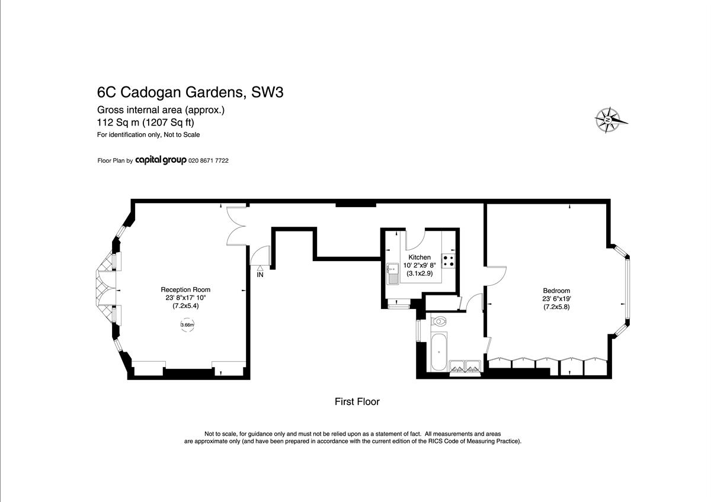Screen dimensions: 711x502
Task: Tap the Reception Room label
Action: (185, 289)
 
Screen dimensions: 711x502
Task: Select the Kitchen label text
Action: (419, 257)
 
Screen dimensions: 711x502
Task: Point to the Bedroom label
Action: (556, 291)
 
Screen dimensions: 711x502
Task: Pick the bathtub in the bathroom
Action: (439, 351)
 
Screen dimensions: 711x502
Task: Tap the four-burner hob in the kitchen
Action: (448, 261)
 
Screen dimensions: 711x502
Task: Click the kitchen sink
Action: (393, 273)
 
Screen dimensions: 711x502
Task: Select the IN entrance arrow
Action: (260, 268)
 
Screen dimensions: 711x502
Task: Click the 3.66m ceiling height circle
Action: (187, 325)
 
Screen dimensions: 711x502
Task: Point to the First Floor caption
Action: (357, 402)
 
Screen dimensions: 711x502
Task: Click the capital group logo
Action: (161, 160)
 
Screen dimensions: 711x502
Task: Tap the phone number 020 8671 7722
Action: (208, 161)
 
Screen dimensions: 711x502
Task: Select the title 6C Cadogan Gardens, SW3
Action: (190, 92)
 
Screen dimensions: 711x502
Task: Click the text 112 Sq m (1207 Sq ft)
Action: (145, 122)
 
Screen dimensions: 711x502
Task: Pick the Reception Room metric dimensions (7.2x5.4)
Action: (185, 306)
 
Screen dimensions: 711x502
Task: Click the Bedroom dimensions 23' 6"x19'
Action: (556, 298)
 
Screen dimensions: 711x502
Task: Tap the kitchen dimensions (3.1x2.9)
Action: (419, 273)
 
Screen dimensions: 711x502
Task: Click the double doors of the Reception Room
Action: (236, 226)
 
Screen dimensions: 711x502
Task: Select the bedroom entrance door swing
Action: (495, 276)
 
